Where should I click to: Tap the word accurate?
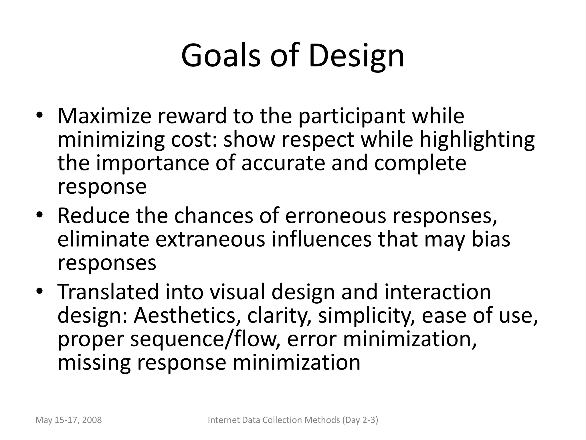coord(283,163)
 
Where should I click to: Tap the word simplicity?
coord(367,316)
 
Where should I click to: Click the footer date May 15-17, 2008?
coord(68,420)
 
